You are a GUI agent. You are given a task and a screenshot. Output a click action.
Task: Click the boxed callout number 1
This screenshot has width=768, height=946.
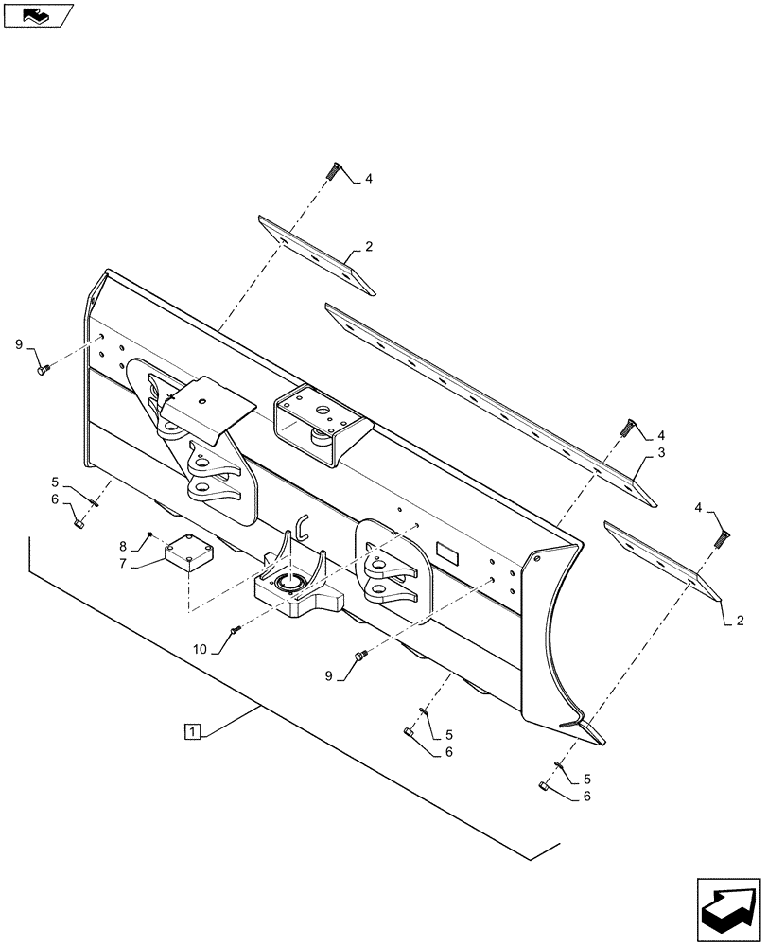pyautogui.click(x=192, y=731)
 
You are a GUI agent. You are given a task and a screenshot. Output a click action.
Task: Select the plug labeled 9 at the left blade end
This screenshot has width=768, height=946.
pyautogui.click(x=42, y=372)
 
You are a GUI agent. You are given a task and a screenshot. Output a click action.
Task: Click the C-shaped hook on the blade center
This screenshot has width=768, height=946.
pyautogui.click(x=301, y=525)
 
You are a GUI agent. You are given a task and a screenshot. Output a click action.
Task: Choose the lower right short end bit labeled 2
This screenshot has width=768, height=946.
pyautogui.click(x=662, y=558)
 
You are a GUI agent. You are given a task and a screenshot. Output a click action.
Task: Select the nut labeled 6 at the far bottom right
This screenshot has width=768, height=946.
pyautogui.click(x=544, y=786)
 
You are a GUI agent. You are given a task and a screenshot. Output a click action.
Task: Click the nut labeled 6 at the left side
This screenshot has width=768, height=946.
pyautogui.click(x=79, y=519)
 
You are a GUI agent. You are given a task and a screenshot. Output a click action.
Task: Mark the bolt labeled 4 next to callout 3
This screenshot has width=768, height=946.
pyautogui.click(x=628, y=427)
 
